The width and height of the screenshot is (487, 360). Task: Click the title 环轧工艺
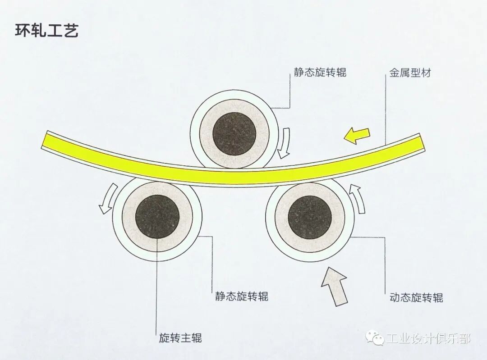click(47, 31)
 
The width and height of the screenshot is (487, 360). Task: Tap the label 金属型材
click(410, 72)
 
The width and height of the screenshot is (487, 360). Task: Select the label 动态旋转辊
click(416, 297)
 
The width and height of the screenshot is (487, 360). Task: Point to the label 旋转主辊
click(180, 338)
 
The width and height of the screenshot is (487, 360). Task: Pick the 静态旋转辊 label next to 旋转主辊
click(242, 296)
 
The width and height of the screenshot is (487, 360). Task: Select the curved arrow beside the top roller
click(284, 143)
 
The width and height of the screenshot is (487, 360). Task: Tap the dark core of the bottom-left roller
click(157, 219)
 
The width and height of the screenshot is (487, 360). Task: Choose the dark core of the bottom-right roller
click(309, 218)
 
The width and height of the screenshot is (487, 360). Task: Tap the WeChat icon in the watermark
click(374, 337)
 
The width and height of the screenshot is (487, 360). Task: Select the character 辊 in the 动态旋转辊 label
click(437, 297)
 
